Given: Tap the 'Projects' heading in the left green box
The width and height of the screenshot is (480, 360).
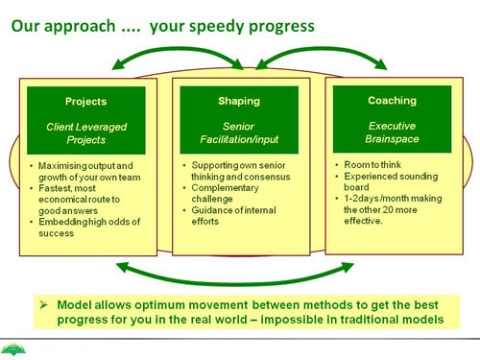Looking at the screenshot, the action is (x=86, y=102).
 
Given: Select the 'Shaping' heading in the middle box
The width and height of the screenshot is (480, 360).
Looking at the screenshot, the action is (x=239, y=101).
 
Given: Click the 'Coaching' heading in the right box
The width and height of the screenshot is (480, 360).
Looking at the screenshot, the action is (x=392, y=101).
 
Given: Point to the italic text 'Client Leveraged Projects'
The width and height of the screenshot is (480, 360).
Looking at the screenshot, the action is (x=86, y=133).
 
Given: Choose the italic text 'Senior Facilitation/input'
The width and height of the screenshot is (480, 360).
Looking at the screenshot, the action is (x=239, y=132).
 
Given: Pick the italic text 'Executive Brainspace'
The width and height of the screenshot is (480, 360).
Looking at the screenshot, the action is (x=392, y=132).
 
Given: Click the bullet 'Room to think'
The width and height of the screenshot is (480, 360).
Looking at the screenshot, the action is (x=372, y=165).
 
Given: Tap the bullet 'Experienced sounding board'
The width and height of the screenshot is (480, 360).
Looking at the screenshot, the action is (x=391, y=181).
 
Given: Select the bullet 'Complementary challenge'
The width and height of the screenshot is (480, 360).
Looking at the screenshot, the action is (x=225, y=193).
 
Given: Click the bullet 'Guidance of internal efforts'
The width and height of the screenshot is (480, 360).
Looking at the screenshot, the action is (x=233, y=216).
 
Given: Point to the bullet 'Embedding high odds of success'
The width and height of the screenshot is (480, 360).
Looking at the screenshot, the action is (x=89, y=228).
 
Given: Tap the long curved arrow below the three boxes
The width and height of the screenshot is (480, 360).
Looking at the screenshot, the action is (x=235, y=283).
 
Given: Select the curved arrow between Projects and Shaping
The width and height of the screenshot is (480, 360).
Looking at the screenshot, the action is (x=178, y=49).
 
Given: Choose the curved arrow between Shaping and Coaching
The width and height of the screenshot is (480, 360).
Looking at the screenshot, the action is (x=321, y=49).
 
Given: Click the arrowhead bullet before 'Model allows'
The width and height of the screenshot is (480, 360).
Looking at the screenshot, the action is (x=44, y=304).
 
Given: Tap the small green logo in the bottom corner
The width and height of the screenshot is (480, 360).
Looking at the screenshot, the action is (x=12, y=349).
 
